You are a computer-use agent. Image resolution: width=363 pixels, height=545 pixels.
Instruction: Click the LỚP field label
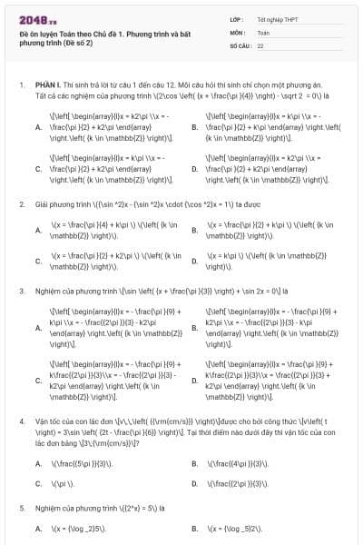pyautogui.click(x=236, y=18)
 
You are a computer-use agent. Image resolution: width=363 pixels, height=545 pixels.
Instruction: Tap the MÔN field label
pyautogui.click(x=237, y=31)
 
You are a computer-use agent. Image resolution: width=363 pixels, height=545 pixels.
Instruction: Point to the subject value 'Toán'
pyautogui.click(x=263, y=31)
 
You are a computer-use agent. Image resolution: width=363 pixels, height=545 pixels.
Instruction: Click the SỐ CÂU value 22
pyautogui.click(x=260, y=45)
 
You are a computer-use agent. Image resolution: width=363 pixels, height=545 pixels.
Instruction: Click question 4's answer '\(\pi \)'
pyautogui.click(x=60, y=483)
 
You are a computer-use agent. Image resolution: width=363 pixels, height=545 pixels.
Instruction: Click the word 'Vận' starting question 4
pyautogui.click(x=43, y=422)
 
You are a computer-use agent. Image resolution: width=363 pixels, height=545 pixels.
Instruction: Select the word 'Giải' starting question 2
pyautogui.click(x=43, y=203)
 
